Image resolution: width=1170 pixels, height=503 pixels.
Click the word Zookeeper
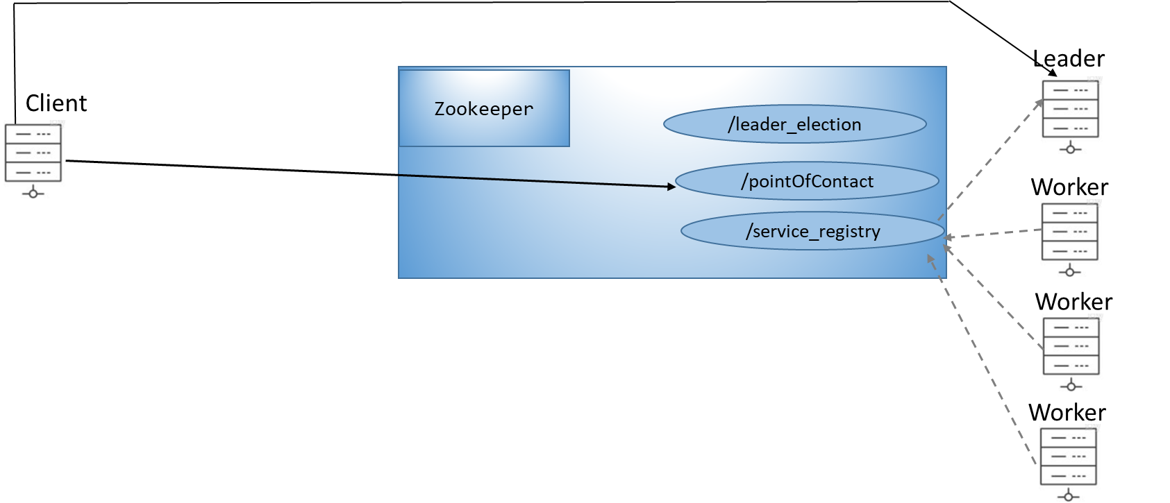tap(484, 109)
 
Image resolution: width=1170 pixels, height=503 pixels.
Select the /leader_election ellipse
tap(794, 124)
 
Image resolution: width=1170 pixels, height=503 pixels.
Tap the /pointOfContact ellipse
tap(807, 181)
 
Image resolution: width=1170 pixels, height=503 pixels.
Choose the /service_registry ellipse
tap(812, 231)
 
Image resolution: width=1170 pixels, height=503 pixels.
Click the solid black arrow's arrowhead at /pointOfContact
tap(671, 186)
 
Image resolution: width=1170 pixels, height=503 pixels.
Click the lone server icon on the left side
tap(33, 160)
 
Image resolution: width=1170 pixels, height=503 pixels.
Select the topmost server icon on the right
tap(1070, 116)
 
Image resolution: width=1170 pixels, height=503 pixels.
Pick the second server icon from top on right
tap(1069, 239)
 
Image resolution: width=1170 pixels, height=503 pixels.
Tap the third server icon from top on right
tap(1071, 353)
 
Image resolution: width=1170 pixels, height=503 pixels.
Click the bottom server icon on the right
tap(1068, 463)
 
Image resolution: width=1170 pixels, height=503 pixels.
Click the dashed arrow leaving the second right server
tap(993, 235)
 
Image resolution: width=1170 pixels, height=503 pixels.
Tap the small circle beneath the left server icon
tap(33, 193)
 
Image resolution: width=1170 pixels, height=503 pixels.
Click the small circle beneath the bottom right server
tap(1068, 496)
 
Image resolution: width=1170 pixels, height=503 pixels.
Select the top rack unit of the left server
tap(33, 134)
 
